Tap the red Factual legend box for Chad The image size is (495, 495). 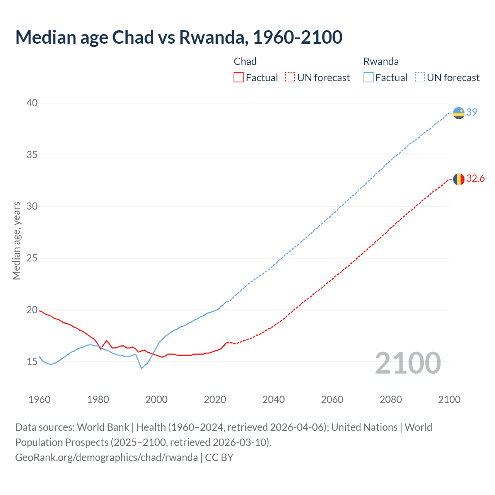click(239, 78)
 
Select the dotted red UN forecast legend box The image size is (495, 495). click(290, 78)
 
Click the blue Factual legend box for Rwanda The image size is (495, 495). click(369, 78)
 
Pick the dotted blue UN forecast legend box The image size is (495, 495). click(420, 78)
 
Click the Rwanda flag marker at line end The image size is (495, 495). click(459, 113)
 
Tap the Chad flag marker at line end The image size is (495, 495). click(459, 179)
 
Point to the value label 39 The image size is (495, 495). click(472, 112)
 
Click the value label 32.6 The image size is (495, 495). click(475, 178)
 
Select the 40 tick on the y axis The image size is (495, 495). click(32, 103)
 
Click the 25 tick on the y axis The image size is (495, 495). click(32, 258)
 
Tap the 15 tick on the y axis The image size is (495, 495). click(32, 362)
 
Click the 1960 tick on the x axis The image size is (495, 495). click(39, 399)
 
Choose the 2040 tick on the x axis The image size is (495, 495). click(273, 399)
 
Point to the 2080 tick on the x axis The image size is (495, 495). click(391, 399)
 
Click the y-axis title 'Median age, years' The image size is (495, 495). click(16, 241)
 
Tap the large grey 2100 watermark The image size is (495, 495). click(408, 363)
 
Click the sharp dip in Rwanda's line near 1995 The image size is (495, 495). click(142, 369)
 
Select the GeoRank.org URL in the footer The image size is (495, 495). click(106, 457)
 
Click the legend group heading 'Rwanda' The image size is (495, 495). click(381, 61)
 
